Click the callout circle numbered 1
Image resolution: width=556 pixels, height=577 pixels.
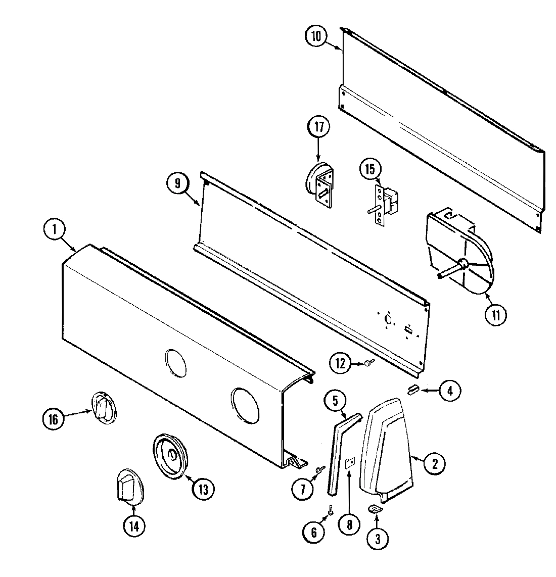[55, 230]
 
